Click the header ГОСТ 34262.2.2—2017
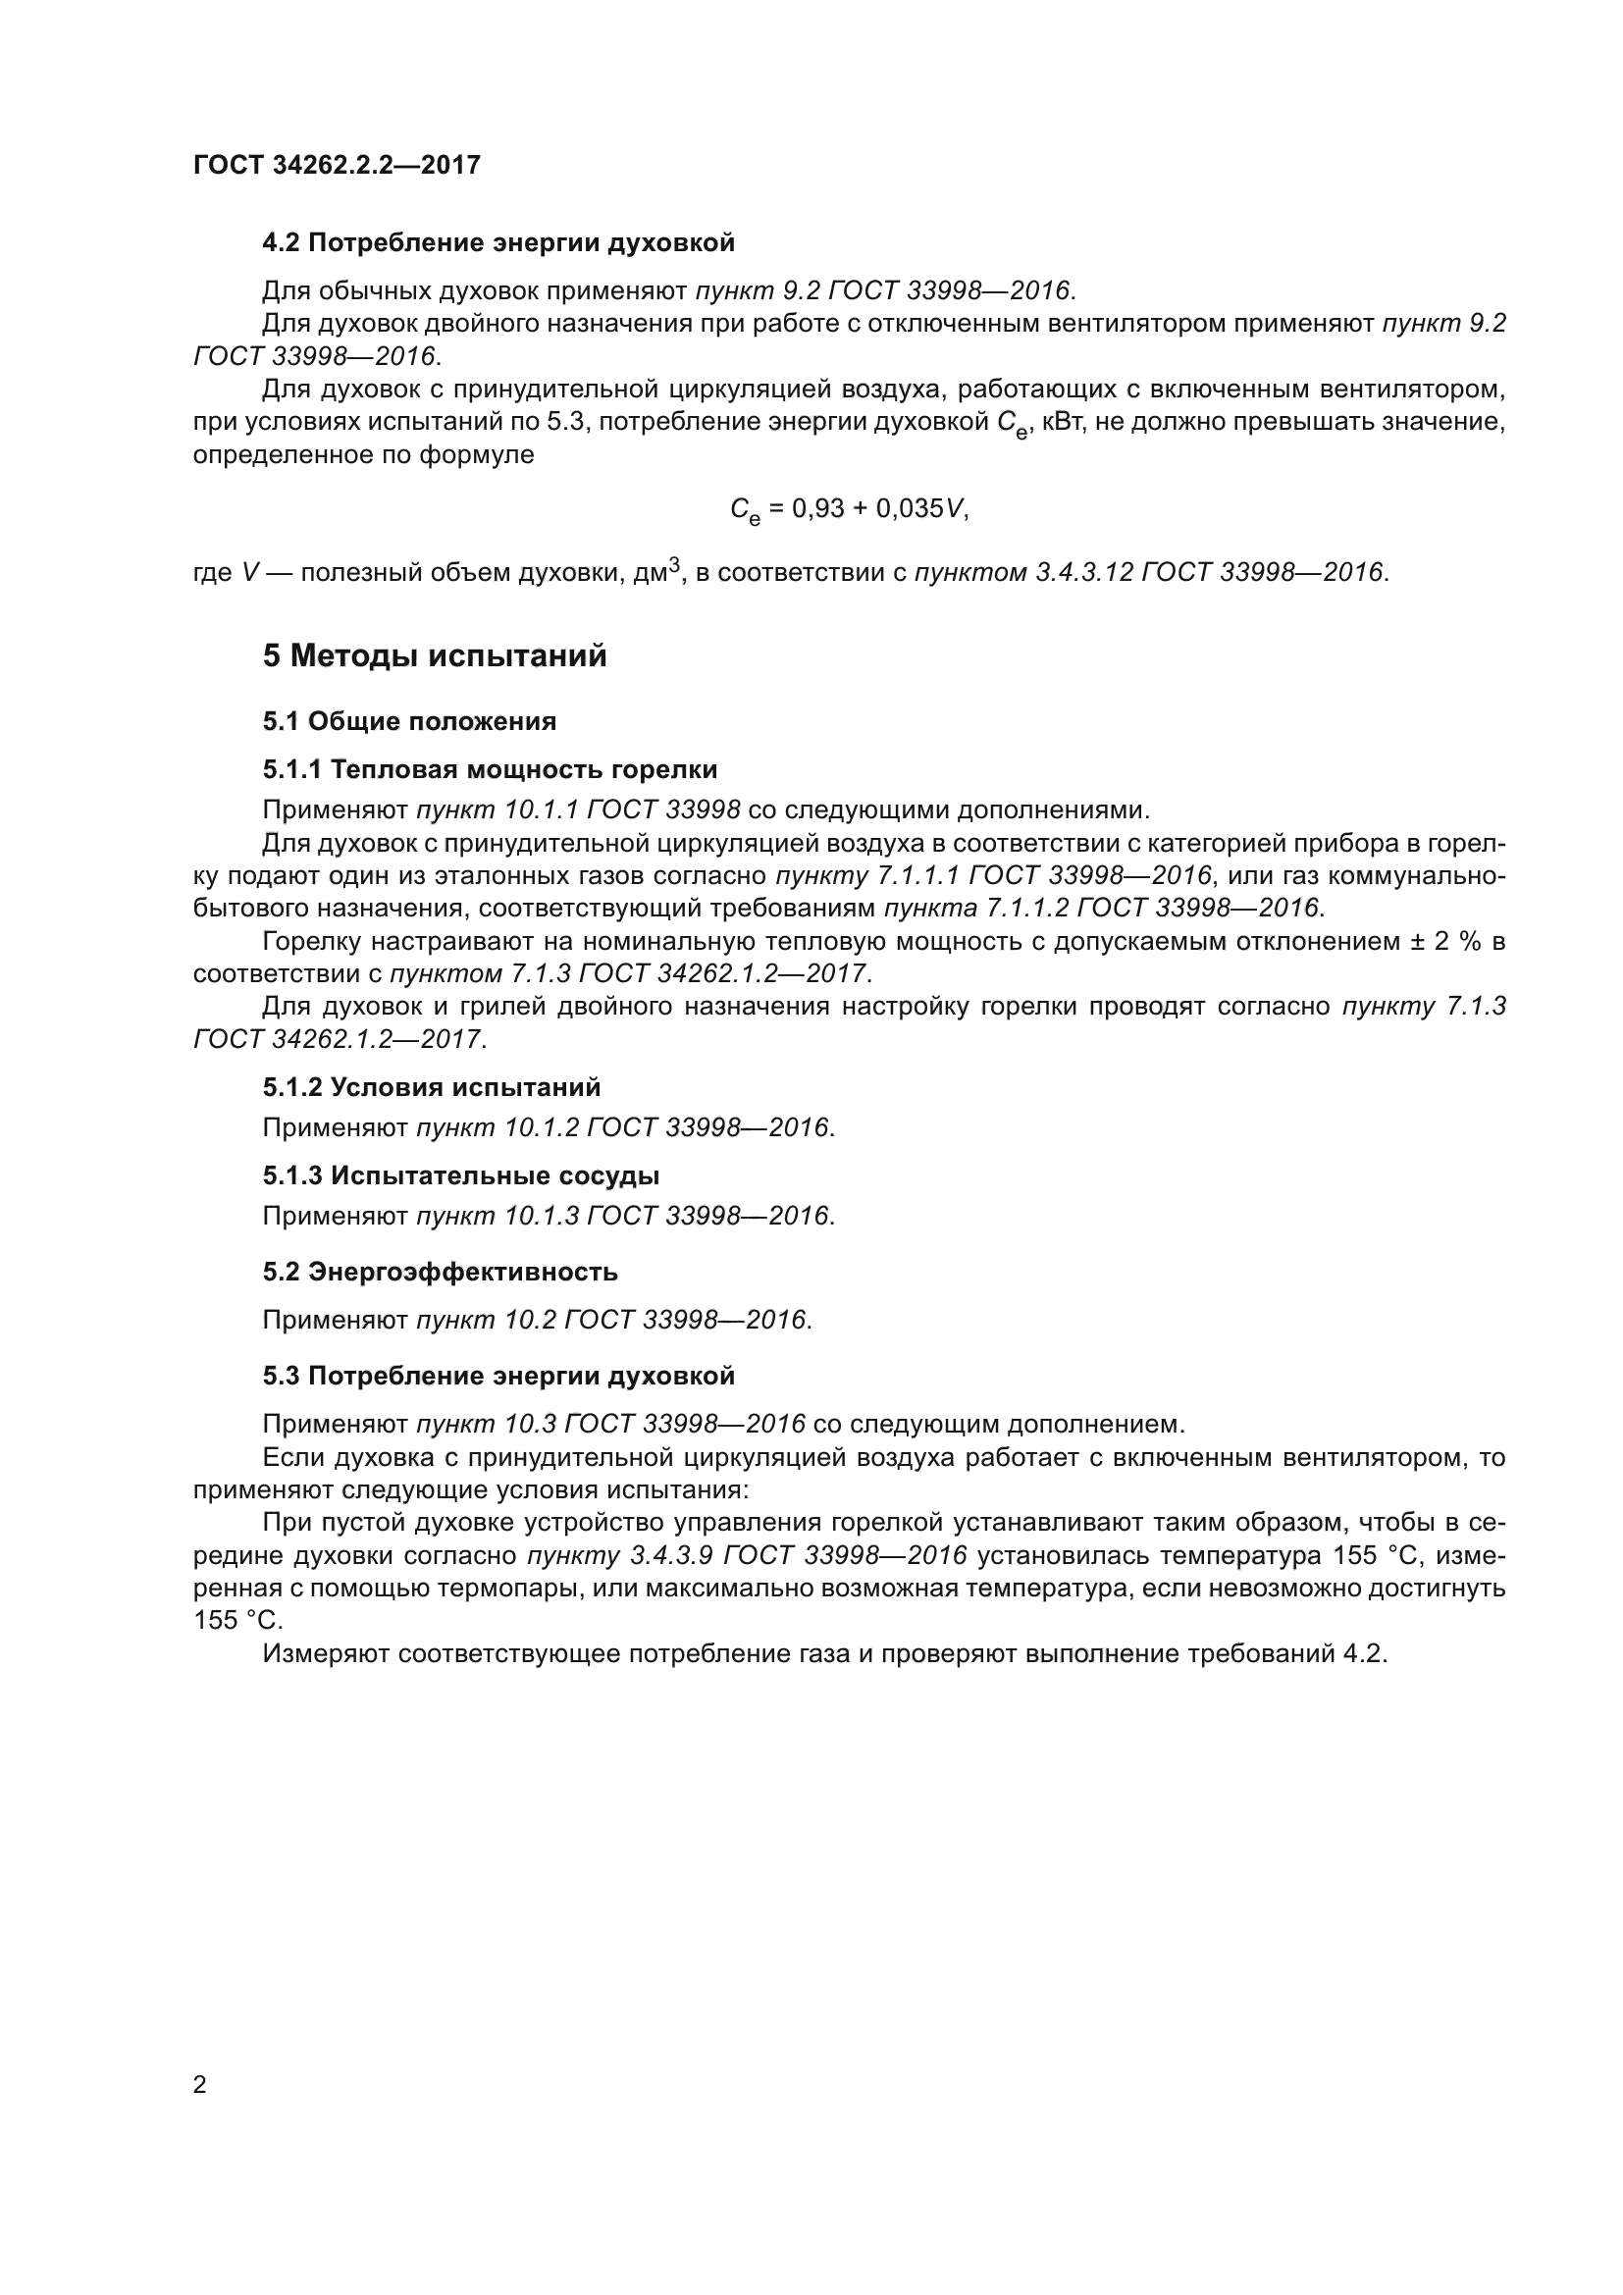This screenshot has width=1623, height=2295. pos(337,165)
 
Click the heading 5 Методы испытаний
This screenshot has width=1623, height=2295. pos(435,656)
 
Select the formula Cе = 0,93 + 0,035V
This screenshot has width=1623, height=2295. pos(850,510)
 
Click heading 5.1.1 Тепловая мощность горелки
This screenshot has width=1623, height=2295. pos(490,769)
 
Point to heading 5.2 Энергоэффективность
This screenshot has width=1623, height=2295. pos(440,1273)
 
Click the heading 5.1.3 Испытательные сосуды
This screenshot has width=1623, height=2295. pos(461,1176)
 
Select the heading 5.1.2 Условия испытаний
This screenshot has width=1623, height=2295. pos(432,1087)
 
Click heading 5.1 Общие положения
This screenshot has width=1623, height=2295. pos(410,722)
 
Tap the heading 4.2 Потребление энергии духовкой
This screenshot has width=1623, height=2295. pos(497,243)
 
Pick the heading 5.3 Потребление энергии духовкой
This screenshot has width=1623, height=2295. pos(497,1377)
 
